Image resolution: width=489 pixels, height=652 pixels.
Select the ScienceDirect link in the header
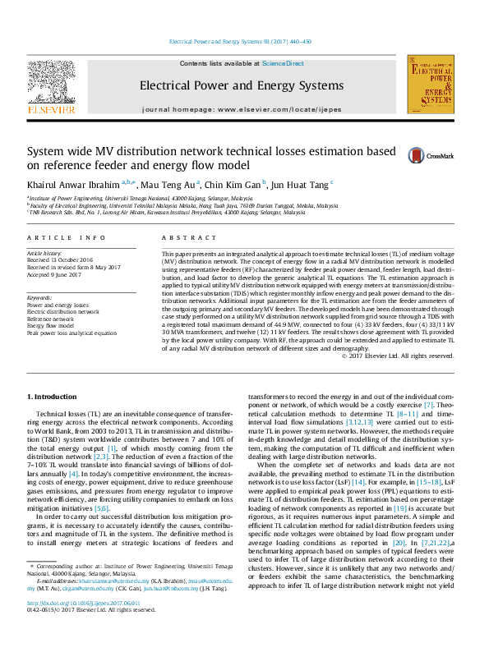pos(283,63)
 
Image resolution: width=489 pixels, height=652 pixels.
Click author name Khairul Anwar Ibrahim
pos(73,184)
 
